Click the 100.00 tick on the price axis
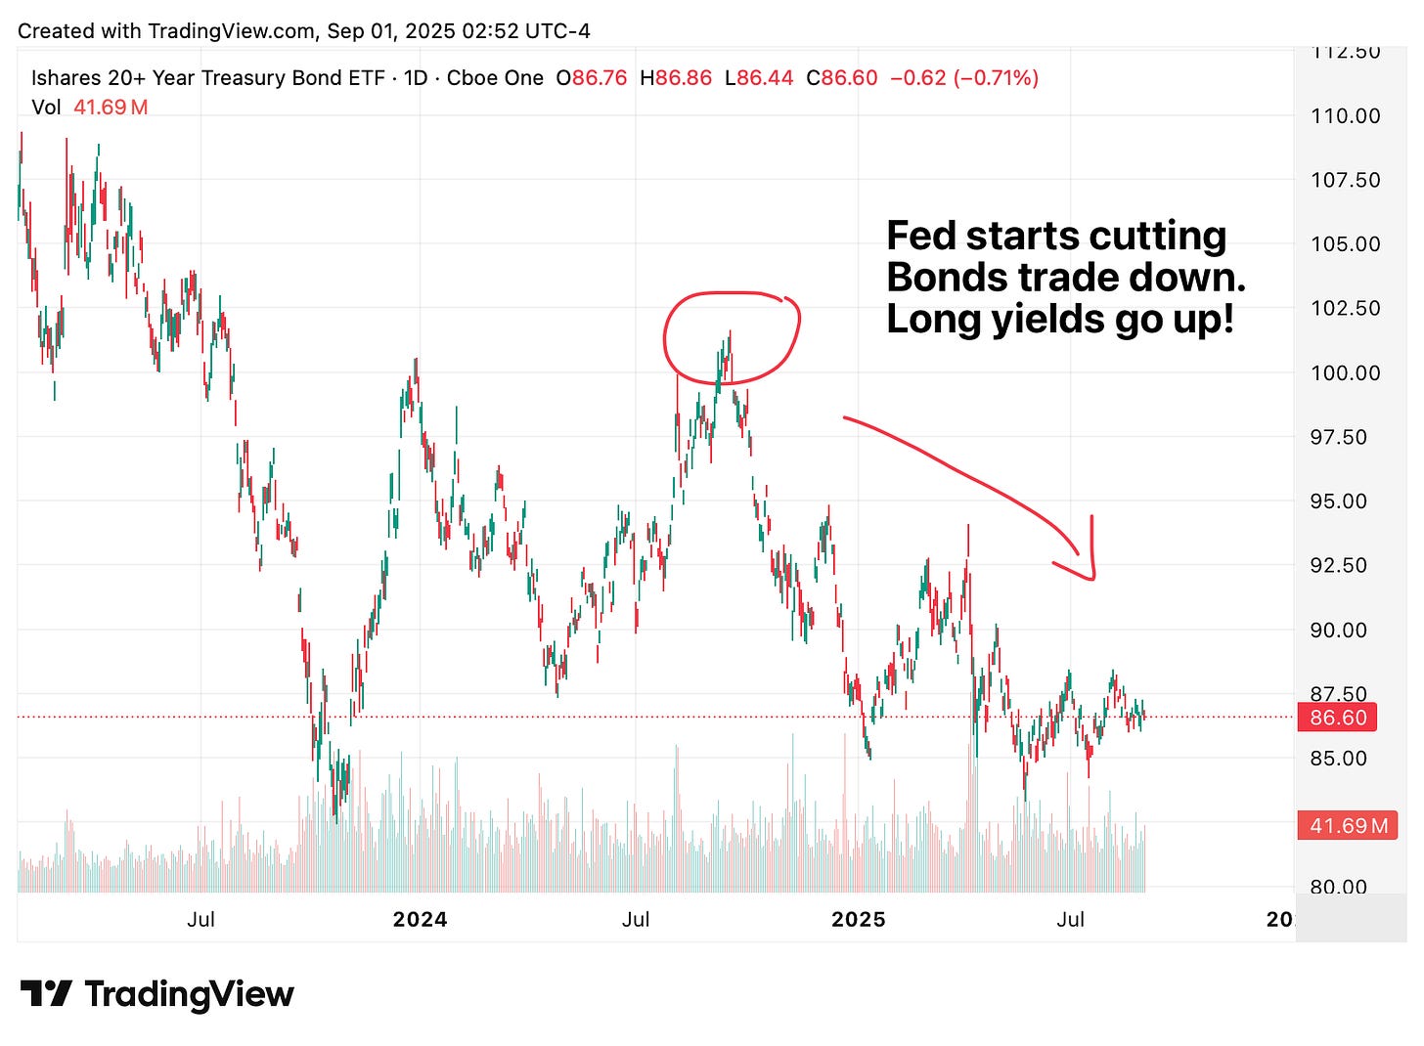click(x=1345, y=372)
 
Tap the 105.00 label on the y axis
click(x=1345, y=243)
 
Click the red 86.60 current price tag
click(x=1337, y=718)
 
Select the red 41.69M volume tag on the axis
click(x=1348, y=825)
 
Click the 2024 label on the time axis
click(x=420, y=919)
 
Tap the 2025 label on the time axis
click(x=858, y=919)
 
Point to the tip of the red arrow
click(x=1092, y=578)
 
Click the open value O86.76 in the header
click(x=591, y=78)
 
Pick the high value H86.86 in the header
click(x=675, y=78)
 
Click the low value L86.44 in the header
click(x=758, y=78)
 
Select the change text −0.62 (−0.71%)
click(x=963, y=78)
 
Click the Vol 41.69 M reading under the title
click(x=89, y=108)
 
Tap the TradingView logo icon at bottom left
click(x=45, y=994)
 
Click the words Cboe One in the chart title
click(x=495, y=78)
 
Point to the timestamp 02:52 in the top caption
click(x=476, y=30)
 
